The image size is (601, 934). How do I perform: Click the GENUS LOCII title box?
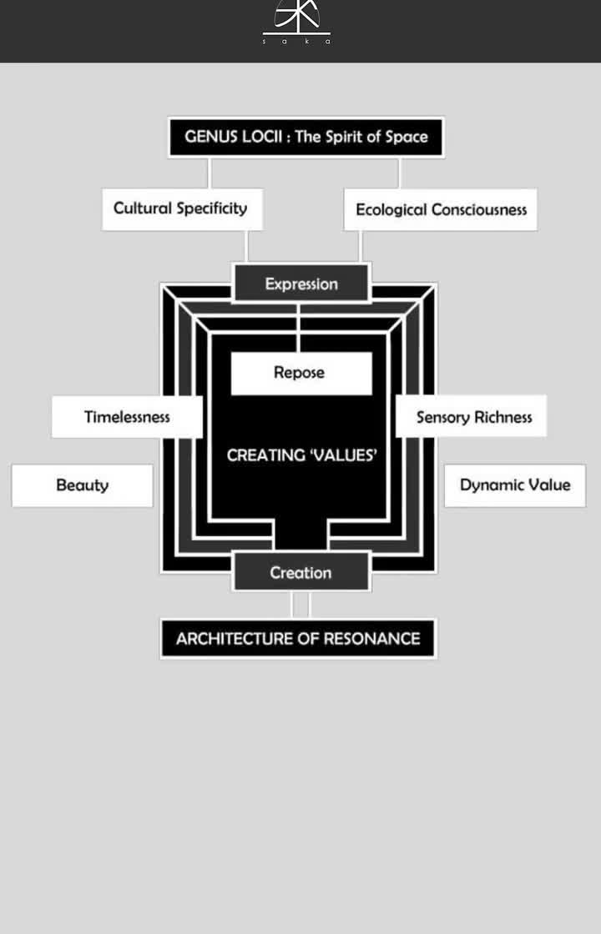[306, 137]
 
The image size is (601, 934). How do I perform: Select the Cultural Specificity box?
[181, 208]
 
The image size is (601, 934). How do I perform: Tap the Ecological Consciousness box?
[440, 209]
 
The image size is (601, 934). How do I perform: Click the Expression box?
[301, 284]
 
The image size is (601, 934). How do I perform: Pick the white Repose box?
[300, 373]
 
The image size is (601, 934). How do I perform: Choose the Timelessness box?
[127, 416]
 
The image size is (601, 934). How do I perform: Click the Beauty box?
[82, 485]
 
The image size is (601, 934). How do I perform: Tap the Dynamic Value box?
[515, 485]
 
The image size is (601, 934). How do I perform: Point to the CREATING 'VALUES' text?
[301, 455]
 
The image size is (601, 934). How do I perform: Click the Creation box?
[300, 572]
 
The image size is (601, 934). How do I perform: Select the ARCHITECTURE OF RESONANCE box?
[298, 639]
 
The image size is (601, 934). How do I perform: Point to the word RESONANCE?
[371, 639]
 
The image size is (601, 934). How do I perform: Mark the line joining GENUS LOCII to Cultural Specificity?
[209, 173]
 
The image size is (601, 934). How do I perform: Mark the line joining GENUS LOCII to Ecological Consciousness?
[399, 173]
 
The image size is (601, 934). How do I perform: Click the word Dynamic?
[490, 485]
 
